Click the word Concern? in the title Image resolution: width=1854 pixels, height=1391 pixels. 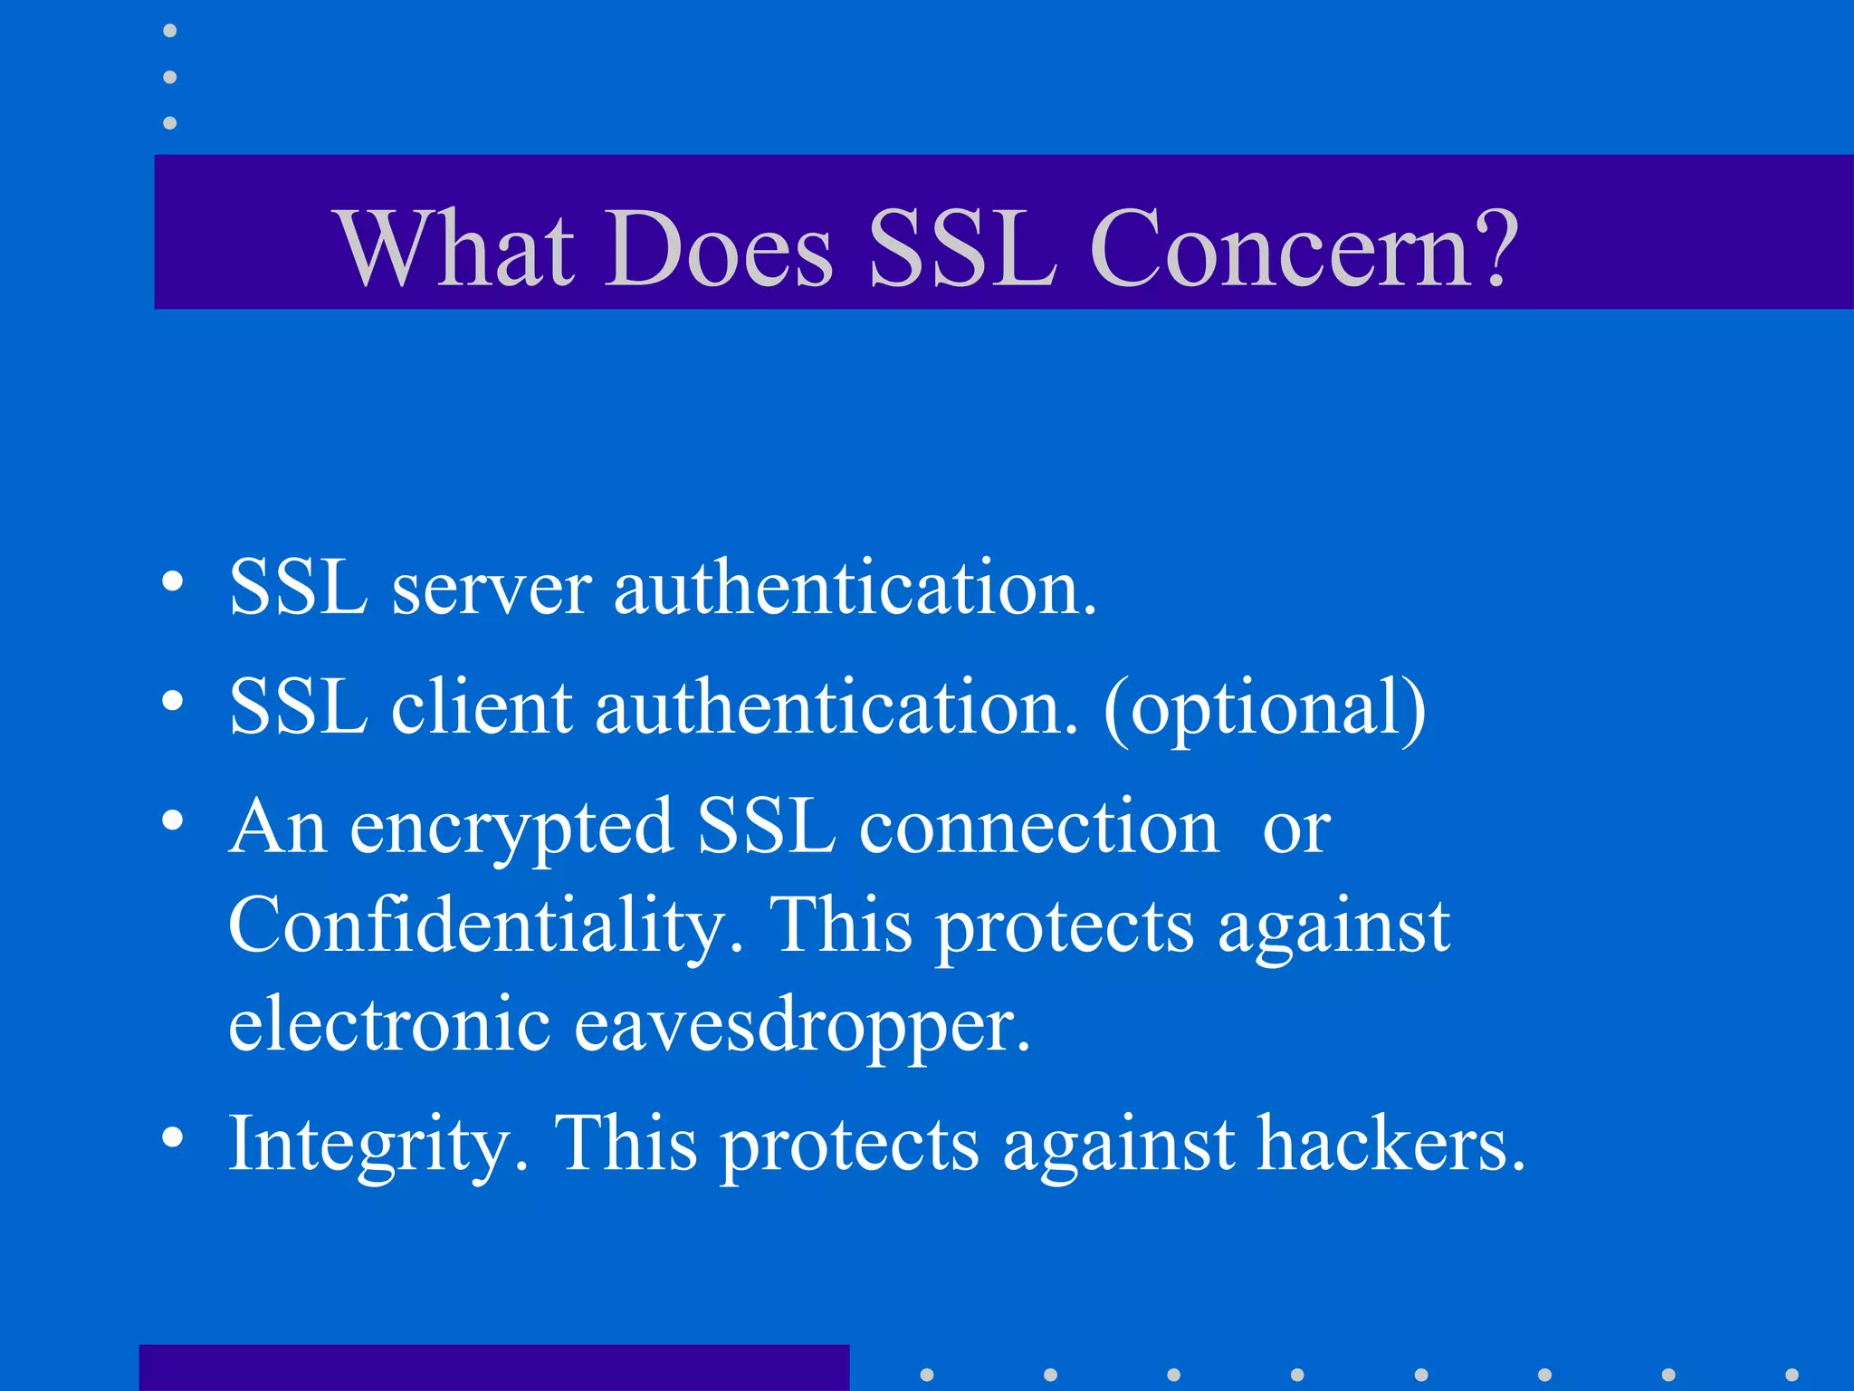(x=1304, y=248)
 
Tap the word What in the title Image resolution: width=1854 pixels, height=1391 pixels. (x=457, y=248)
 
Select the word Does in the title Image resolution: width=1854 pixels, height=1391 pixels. (x=719, y=248)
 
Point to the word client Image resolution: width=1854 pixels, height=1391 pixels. (x=482, y=708)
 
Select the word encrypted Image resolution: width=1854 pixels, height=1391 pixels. (x=511, y=830)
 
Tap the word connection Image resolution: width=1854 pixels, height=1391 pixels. (x=1038, y=828)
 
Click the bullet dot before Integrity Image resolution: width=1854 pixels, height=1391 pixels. (x=172, y=1137)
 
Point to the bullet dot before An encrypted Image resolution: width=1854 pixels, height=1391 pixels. (x=172, y=820)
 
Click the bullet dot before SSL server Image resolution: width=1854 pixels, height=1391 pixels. (x=172, y=581)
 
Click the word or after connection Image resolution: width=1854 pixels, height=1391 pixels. (x=1296, y=830)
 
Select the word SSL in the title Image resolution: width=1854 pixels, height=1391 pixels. (x=961, y=248)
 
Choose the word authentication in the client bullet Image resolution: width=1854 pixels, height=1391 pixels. (x=836, y=708)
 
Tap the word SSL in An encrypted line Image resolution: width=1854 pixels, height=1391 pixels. (x=766, y=828)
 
